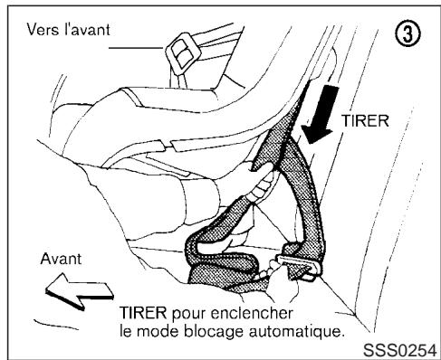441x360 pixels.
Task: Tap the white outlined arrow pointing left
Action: pyautogui.click(x=75, y=289)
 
